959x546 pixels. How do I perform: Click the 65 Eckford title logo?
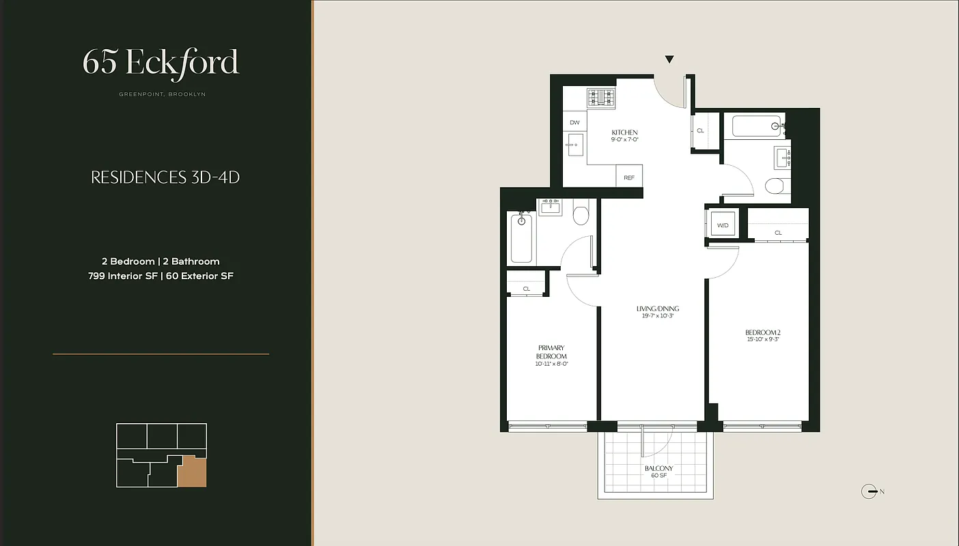click(x=161, y=62)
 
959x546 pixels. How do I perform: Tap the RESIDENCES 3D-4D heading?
click(x=165, y=178)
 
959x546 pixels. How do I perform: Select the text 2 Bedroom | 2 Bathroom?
click(x=161, y=261)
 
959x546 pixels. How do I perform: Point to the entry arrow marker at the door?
click(x=669, y=60)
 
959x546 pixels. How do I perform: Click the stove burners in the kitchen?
click(x=602, y=98)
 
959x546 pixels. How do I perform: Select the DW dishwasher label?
click(x=574, y=123)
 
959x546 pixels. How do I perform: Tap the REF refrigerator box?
click(x=629, y=177)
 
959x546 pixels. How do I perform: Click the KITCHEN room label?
click(x=624, y=132)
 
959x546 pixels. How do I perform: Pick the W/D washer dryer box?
click(x=722, y=225)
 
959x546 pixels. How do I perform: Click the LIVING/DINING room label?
click(x=658, y=309)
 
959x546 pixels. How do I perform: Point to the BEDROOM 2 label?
click(x=762, y=333)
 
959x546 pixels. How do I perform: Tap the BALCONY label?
click(x=658, y=469)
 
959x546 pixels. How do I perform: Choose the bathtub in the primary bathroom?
click(x=521, y=237)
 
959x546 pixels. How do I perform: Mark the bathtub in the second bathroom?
click(x=757, y=126)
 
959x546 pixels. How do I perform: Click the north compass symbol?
click(x=870, y=491)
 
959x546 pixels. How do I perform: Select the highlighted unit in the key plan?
click(x=192, y=472)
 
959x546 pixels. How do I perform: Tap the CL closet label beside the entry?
click(x=700, y=130)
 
